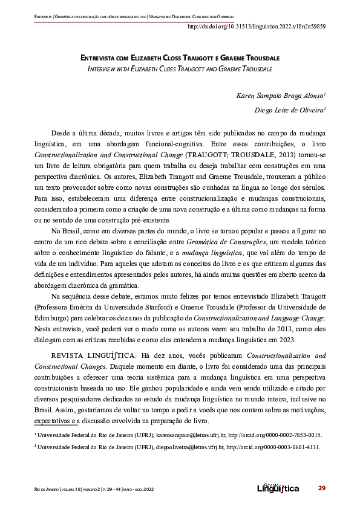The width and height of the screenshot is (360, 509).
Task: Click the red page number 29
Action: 322,488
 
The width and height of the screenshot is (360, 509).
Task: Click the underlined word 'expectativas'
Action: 51,421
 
